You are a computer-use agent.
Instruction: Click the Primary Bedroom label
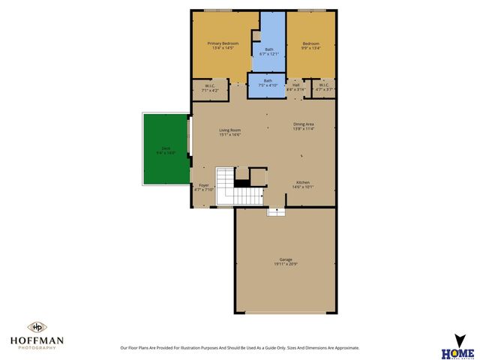click(x=223, y=43)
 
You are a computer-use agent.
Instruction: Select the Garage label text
click(x=286, y=259)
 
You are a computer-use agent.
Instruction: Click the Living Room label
click(x=229, y=130)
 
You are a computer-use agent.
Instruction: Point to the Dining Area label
click(x=304, y=124)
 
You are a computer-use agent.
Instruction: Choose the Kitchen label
click(x=303, y=182)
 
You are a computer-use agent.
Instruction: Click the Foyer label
click(x=204, y=184)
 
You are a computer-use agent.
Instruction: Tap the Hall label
click(x=296, y=85)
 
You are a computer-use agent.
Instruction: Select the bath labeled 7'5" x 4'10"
click(x=267, y=82)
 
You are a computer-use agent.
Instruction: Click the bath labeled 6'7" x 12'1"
click(x=273, y=50)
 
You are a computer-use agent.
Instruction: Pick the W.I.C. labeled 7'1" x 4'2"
click(x=211, y=87)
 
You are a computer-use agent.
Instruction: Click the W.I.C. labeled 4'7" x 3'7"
click(x=323, y=87)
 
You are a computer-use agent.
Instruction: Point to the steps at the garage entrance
click(x=276, y=211)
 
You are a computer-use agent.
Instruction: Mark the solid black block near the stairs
click(x=241, y=182)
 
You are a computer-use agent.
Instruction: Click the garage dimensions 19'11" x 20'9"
click(x=286, y=265)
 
